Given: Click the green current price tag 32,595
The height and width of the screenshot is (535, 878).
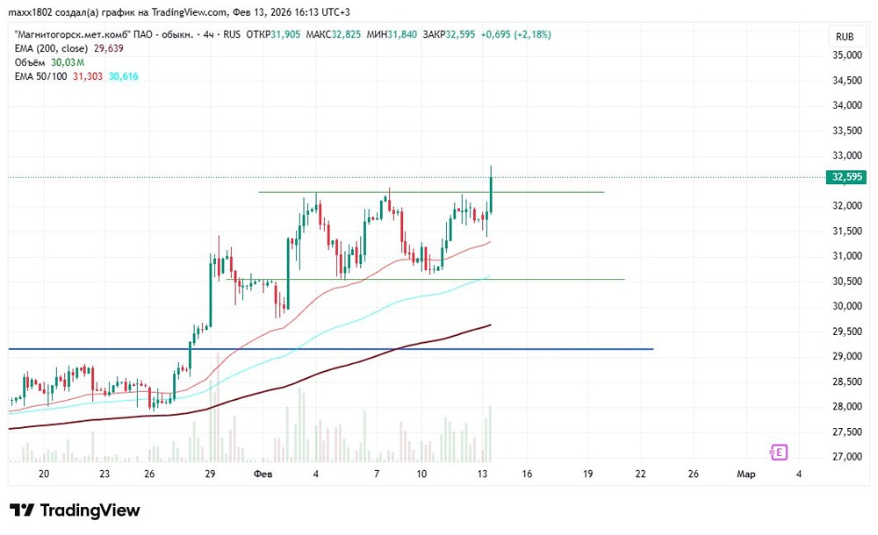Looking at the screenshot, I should point(846,177).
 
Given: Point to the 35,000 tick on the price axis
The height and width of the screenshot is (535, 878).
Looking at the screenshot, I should point(846,55).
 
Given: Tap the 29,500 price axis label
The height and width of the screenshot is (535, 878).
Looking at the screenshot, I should point(846,332).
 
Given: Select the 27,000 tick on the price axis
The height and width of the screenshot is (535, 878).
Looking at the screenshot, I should point(846,457).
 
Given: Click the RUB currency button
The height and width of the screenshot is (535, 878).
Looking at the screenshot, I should point(846,37).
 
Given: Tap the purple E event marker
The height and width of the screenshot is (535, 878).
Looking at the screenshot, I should point(778,453).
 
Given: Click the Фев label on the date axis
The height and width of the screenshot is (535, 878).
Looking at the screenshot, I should point(263,474).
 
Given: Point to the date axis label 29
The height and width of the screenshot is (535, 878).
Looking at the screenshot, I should point(210,474).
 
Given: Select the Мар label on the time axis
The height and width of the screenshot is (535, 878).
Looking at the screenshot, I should point(745,474).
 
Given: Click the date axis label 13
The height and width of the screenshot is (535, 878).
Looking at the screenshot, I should point(482,474).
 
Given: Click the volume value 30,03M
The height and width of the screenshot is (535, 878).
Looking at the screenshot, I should point(67,62).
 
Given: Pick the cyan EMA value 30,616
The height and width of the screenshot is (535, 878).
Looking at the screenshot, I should point(123,76).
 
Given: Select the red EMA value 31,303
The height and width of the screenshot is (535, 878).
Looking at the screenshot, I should point(89,76).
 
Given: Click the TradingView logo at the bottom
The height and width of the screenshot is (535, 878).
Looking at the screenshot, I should point(75,510).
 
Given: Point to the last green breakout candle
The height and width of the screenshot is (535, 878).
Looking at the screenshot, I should point(491,193).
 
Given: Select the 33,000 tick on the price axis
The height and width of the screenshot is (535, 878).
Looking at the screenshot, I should point(846,155).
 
